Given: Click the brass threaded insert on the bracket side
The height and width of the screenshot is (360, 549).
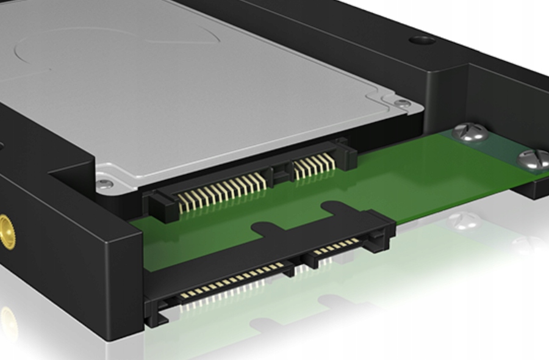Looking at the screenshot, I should pos(5,231).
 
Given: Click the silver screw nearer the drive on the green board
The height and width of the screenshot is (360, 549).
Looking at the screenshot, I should pos(470,132).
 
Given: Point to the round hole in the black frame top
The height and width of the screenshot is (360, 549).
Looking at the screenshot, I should pos(423,40).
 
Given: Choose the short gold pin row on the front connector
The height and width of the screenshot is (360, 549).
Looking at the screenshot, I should pos(336,247).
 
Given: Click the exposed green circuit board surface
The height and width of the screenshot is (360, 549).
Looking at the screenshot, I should pos(415,177).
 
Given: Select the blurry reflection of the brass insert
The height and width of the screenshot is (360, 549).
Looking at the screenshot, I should pos(7,320).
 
